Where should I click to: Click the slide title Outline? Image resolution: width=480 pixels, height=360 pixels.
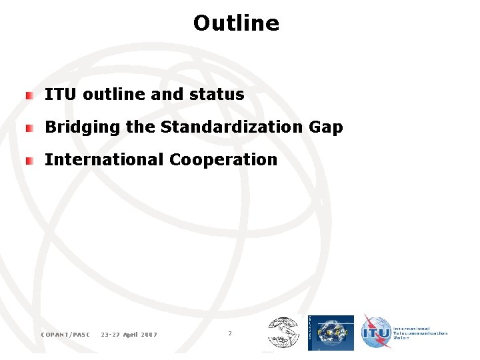[236, 23]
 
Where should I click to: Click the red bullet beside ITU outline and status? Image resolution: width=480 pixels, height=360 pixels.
[29, 95]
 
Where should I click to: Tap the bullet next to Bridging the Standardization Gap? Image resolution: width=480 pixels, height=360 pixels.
[29, 127]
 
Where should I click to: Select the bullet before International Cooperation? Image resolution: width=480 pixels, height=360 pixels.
[29, 160]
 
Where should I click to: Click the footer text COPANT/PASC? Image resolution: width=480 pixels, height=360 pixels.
[65, 334]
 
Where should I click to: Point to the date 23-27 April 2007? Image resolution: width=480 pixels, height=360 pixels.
[129, 334]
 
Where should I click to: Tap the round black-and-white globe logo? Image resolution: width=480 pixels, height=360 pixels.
[283, 333]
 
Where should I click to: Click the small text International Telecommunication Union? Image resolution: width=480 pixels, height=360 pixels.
[421, 333]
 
